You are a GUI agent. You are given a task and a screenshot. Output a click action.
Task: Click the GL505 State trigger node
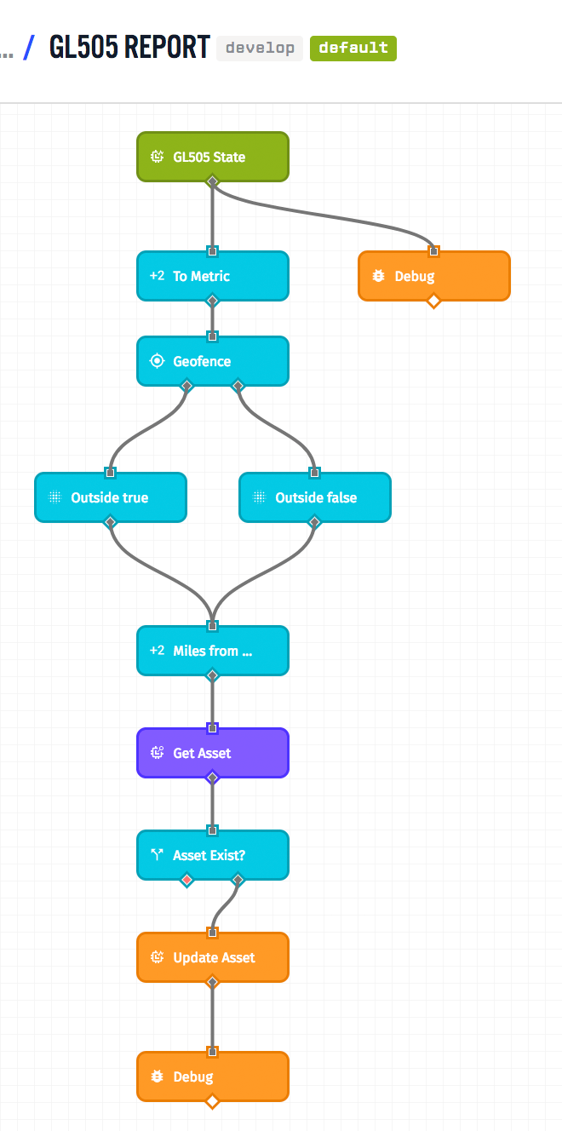tap(213, 157)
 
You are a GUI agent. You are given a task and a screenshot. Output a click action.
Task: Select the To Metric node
tap(213, 276)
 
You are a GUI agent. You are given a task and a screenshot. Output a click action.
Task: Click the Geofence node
tap(213, 361)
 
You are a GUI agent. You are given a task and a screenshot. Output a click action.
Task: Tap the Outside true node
tap(110, 497)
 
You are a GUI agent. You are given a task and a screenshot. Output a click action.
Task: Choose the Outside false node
tap(315, 497)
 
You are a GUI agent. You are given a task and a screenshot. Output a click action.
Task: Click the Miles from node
tap(213, 651)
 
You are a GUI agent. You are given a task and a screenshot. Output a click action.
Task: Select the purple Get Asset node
tap(213, 753)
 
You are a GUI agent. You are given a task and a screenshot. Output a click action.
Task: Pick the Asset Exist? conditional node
tap(213, 855)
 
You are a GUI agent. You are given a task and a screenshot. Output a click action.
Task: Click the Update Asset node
tap(213, 957)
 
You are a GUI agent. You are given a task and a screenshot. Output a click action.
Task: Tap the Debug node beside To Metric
tap(433, 276)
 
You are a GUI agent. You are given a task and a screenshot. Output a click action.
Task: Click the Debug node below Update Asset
tap(213, 1076)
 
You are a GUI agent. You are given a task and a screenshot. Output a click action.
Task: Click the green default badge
tap(353, 48)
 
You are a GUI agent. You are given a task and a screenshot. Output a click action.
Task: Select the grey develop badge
tap(260, 48)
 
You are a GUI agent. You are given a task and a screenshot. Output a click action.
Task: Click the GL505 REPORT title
tap(129, 47)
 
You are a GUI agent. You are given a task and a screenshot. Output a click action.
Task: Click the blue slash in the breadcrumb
tap(29, 47)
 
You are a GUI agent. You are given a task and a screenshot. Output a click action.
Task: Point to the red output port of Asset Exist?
tap(187, 879)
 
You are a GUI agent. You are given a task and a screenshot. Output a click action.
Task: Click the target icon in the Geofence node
tap(157, 361)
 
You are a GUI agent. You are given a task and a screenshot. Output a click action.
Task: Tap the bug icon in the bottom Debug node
tap(157, 1076)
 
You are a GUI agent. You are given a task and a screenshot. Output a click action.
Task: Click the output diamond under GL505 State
tap(213, 181)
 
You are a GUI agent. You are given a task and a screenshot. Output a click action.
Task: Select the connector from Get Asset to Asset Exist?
tap(213, 803)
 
